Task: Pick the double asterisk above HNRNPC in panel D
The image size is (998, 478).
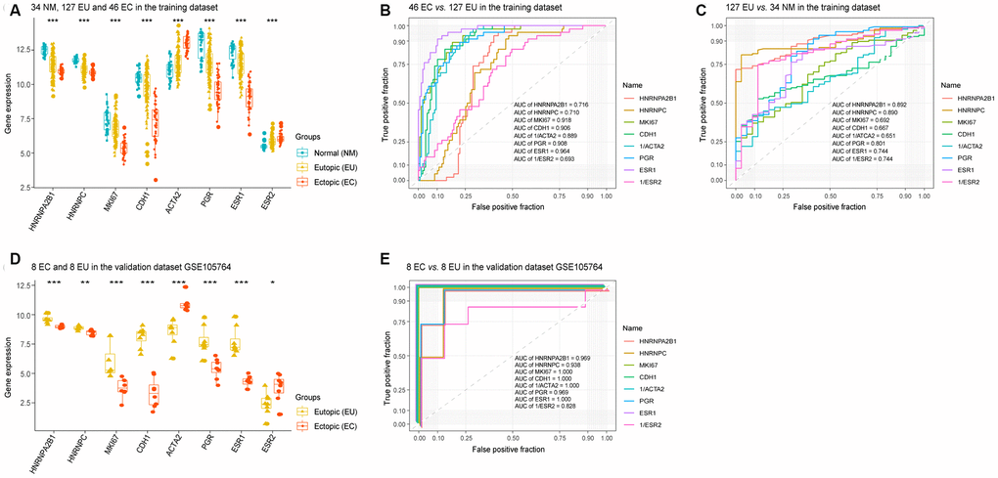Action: (x=86, y=283)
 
